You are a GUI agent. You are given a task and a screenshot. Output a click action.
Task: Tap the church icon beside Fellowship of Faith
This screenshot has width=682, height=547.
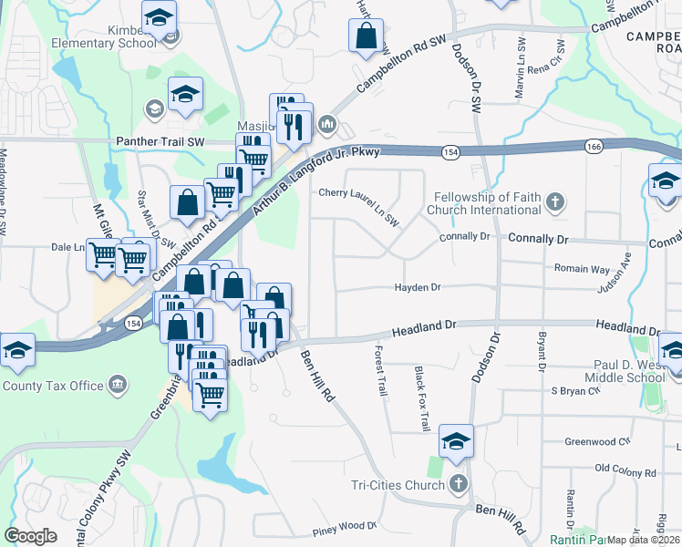(x=555, y=201)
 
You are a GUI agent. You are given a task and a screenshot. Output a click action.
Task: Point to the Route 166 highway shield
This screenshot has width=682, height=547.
(x=594, y=146)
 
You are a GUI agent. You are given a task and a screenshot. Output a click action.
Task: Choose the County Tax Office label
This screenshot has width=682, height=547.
(x=53, y=386)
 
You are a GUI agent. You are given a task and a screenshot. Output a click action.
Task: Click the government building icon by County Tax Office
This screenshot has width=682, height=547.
(x=118, y=386)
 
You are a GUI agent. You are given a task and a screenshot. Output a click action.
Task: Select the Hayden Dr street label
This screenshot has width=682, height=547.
(x=418, y=287)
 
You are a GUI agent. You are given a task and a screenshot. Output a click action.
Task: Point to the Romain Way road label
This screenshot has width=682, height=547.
(x=582, y=269)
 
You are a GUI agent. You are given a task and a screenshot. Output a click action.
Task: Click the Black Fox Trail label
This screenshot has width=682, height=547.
(x=421, y=398)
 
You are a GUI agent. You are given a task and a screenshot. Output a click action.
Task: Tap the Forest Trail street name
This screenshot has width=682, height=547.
(x=382, y=369)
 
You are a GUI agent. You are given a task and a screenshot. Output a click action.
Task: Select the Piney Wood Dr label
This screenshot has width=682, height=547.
(x=345, y=526)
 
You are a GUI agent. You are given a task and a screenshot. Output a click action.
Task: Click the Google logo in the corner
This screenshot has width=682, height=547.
(x=31, y=536)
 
